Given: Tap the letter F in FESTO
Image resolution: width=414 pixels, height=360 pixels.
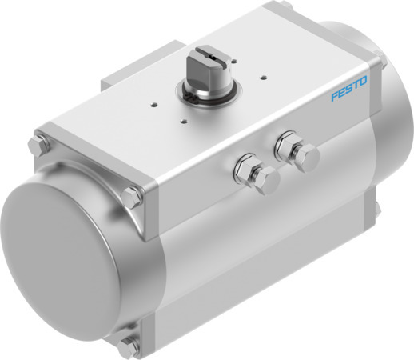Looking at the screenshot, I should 336,101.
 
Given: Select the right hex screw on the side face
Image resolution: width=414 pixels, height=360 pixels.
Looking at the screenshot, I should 285,150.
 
